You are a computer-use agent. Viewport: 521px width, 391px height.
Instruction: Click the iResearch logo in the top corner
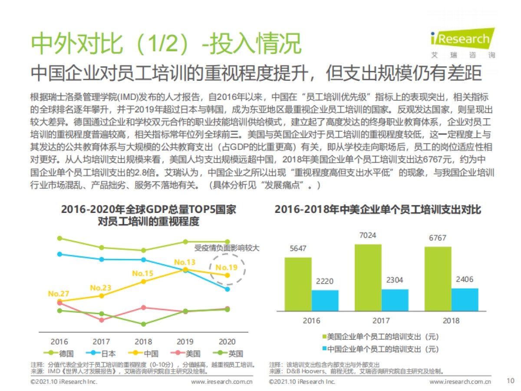click(462, 43)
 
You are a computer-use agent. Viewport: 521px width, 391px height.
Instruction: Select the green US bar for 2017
click(368, 278)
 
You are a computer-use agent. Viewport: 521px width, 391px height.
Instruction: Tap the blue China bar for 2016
click(325, 300)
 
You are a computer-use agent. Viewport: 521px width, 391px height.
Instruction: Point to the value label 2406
click(465, 279)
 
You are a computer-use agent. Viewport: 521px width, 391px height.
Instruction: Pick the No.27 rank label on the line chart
click(59, 294)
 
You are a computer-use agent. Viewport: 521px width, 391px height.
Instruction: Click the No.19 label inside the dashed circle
click(227, 267)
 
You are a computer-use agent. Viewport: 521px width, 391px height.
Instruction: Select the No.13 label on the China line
click(185, 262)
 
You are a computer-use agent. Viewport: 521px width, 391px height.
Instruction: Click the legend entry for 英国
click(230, 354)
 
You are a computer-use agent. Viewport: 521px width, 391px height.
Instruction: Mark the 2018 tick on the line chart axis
click(143, 341)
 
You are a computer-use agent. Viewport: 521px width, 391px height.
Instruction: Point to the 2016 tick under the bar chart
click(311, 321)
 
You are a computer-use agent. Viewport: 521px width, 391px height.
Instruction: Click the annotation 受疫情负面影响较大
click(226, 249)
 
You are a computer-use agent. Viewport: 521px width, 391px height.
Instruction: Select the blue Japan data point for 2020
click(227, 289)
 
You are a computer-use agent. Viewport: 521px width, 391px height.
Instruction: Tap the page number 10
click(511, 381)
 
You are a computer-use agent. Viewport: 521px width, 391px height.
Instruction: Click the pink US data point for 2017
click(102, 320)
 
